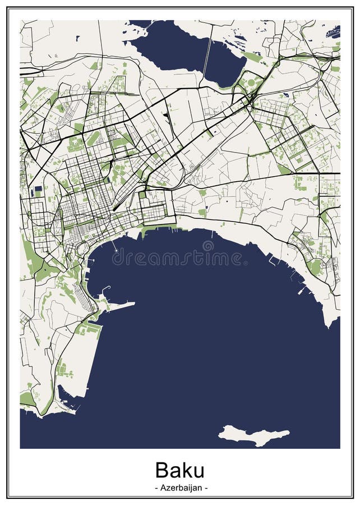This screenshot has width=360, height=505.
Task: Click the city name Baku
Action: pyautogui.click(x=179, y=469)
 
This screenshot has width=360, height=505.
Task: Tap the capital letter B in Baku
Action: pyautogui.click(x=161, y=469)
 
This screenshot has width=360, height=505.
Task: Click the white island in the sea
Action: pyautogui.click(x=252, y=434)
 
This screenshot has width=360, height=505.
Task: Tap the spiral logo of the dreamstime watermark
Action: pyautogui.click(x=208, y=246)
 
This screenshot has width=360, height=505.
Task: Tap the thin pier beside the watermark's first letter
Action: pyautogui.click(x=114, y=246)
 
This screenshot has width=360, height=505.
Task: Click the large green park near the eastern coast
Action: pyautogui.click(x=316, y=266)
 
